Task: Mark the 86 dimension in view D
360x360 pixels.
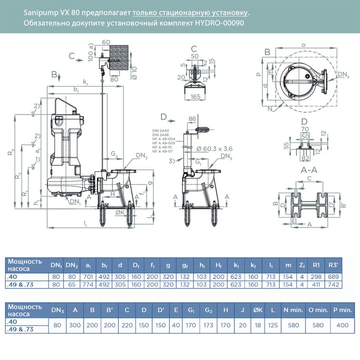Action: (192, 119)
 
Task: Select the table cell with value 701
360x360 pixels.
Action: (88, 277)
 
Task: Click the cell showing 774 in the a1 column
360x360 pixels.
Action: (88, 284)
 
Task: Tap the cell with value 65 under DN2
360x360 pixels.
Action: (72, 284)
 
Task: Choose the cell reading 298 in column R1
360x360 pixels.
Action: (316, 277)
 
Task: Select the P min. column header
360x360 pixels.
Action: (342, 310)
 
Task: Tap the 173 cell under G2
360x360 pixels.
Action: (208, 325)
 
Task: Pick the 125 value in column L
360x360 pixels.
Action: (273, 325)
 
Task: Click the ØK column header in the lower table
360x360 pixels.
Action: (258, 310)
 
